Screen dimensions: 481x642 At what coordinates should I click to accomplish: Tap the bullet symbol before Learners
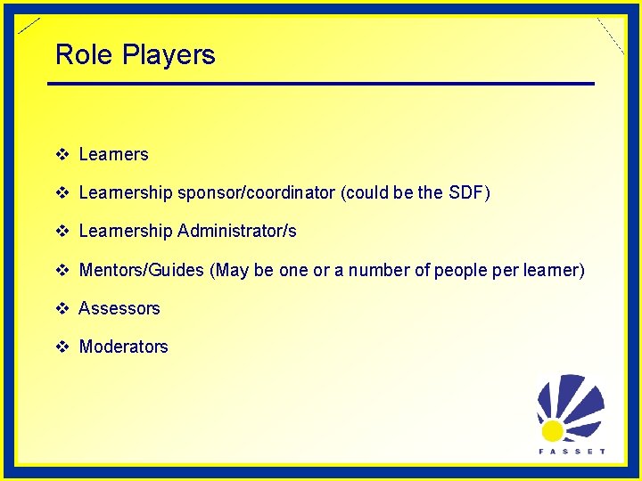click(x=62, y=154)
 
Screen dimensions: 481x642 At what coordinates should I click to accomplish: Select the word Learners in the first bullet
click(x=113, y=154)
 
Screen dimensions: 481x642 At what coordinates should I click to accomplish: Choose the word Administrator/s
click(x=237, y=232)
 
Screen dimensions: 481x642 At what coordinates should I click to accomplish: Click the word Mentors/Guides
click(x=142, y=270)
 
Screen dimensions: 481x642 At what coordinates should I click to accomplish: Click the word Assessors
click(x=119, y=308)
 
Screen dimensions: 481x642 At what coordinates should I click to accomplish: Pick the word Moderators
click(x=123, y=347)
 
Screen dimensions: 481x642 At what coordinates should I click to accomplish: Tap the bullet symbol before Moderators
click(x=62, y=347)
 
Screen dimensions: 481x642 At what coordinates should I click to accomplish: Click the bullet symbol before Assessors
click(x=62, y=308)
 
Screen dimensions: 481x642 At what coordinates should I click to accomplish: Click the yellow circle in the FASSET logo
click(x=553, y=431)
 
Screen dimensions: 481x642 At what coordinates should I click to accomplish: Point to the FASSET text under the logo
click(x=572, y=452)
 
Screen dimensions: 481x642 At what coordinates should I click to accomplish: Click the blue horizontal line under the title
click(x=321, y=84)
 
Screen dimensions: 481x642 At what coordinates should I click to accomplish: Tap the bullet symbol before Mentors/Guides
click(x=62, y=270)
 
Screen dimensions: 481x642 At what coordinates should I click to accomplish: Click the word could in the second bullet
click(x=365, y=192)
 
